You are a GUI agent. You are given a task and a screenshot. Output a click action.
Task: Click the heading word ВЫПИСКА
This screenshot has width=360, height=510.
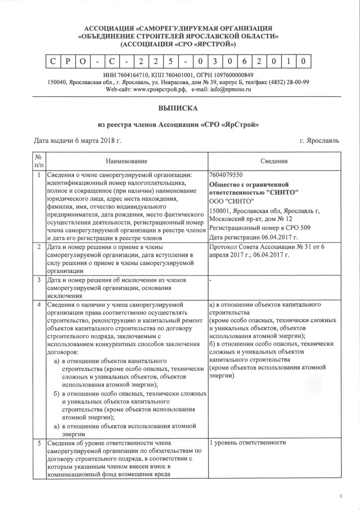(x=180, y=107)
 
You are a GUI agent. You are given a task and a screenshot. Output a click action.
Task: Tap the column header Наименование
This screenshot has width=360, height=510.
(x=126, y=161)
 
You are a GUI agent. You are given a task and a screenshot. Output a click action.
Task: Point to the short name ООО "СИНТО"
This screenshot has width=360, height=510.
(x=232, y=201)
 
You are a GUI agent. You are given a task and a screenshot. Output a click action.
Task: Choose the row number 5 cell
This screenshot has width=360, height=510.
(x=39, y=443)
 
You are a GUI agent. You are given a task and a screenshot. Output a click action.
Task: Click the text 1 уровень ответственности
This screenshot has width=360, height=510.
(x=248, y=443)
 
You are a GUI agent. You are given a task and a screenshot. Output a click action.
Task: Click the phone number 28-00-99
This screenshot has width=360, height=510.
(x=298, y=82)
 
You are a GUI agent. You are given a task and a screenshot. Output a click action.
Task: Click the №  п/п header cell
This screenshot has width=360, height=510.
(x=39, y=161)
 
